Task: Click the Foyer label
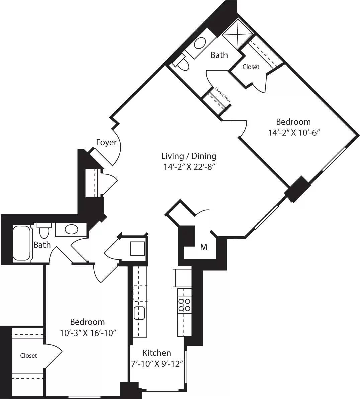click(106, 142)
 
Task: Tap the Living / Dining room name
click(189, 156)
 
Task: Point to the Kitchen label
click(157, 353)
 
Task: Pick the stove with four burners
click(184, 304)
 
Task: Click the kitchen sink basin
click(139, 313)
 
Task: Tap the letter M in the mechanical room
click(204, 247)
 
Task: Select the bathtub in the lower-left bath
click(21, 243)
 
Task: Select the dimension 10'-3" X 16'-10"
click(87, 333)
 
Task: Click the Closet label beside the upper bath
click(251, 67)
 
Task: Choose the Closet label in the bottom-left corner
click(28, 356)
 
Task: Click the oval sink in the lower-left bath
click(71, 229)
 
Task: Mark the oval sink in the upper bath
click(200, 44)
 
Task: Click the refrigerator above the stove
click(182, 277)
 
